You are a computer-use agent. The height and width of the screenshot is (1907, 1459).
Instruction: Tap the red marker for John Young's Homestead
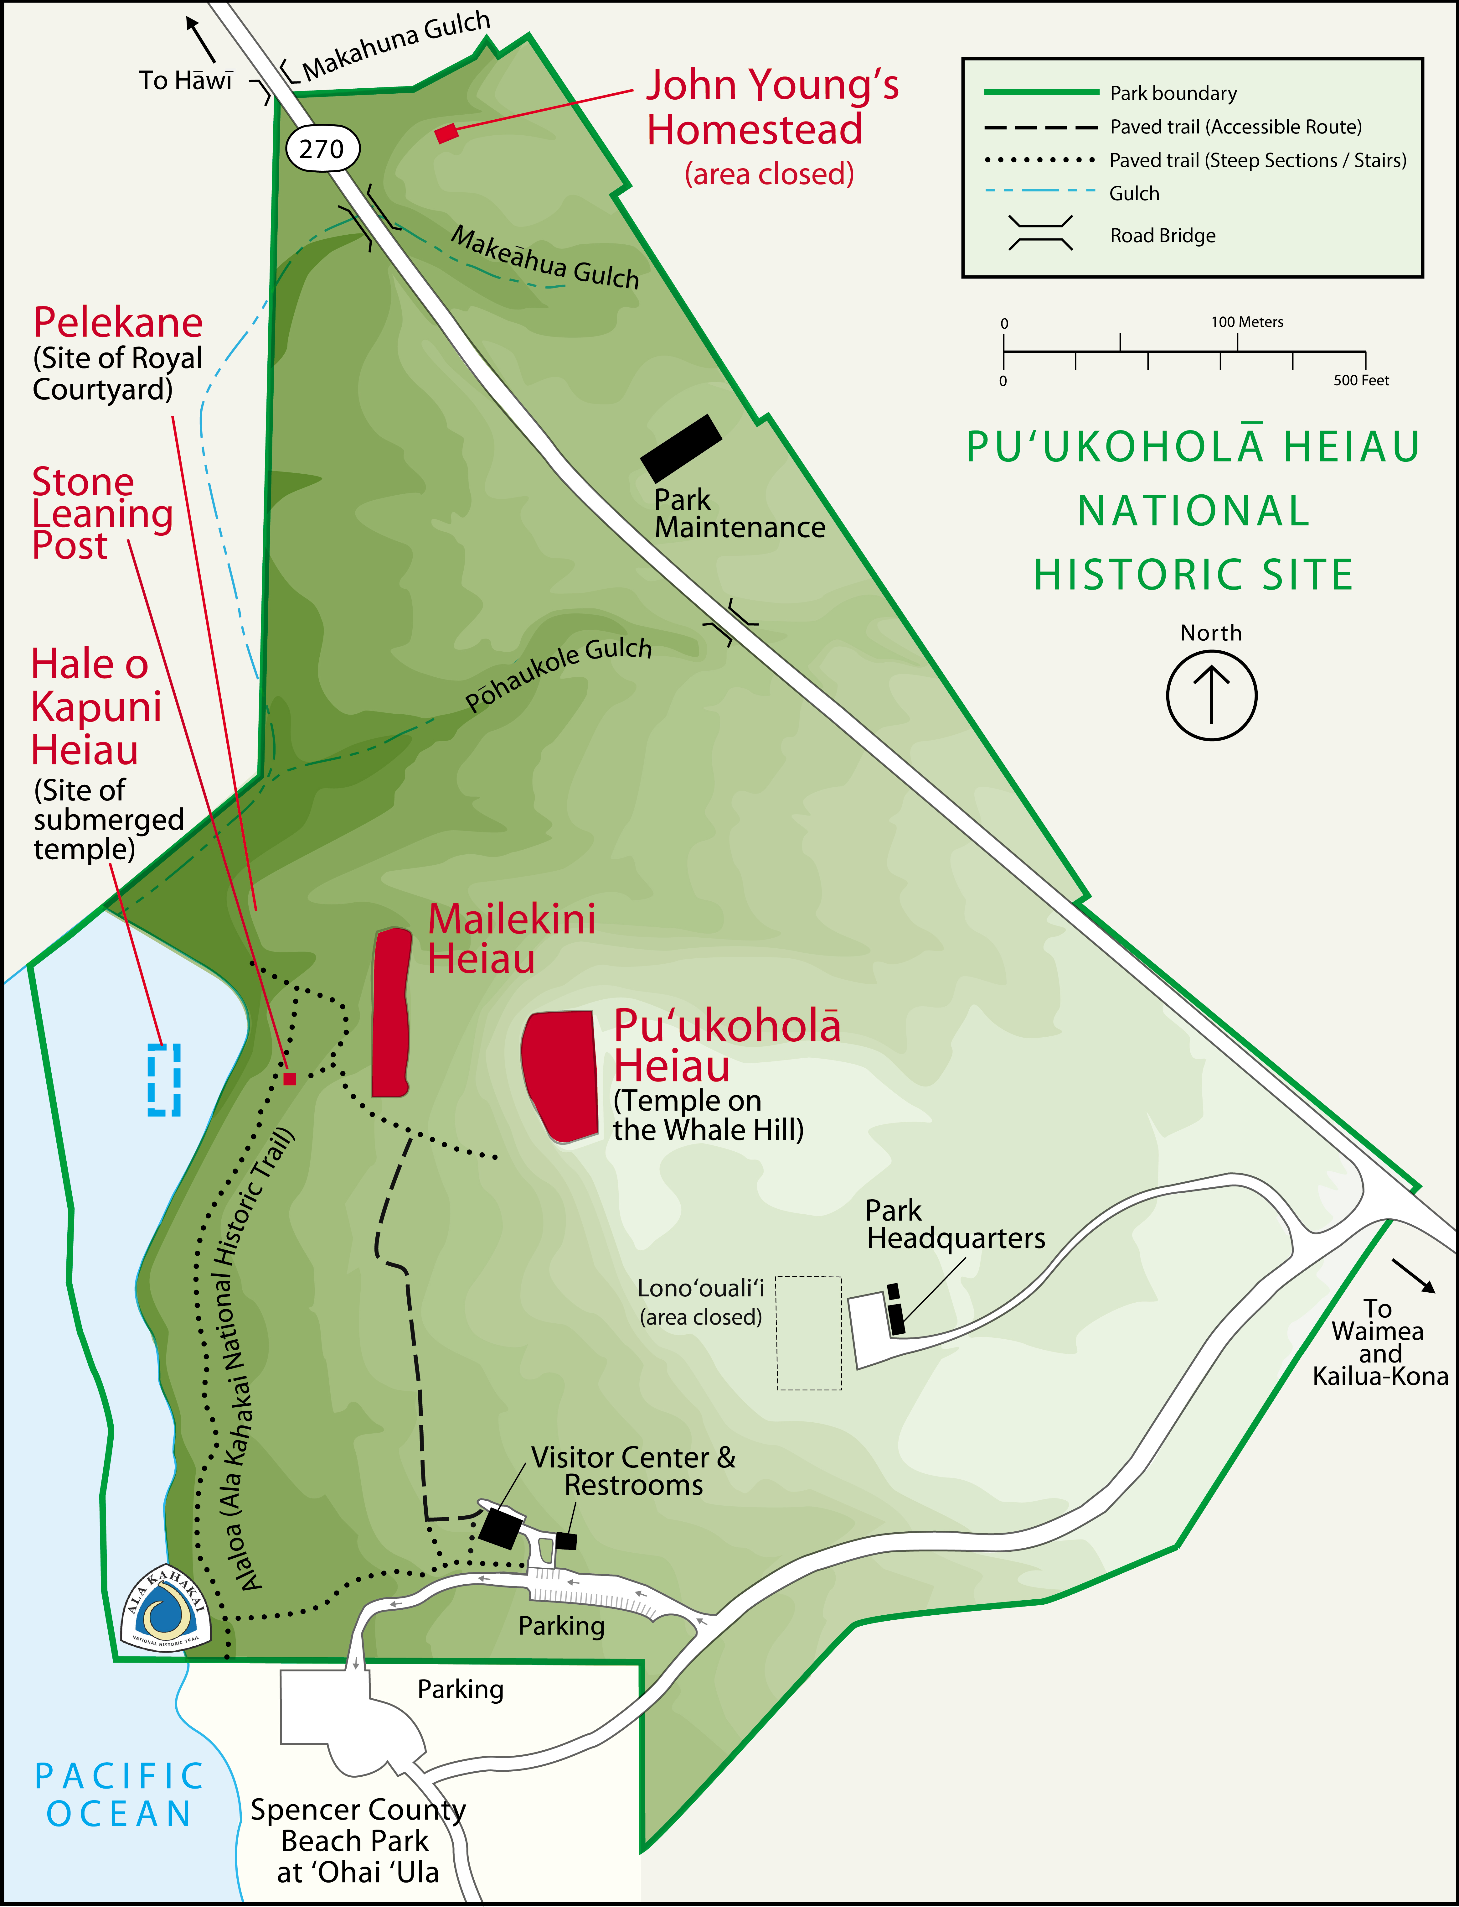click(446, 133)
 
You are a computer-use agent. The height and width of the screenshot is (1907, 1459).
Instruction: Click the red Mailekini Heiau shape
click(391, 1012)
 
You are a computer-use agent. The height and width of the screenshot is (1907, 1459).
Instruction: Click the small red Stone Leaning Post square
click(290, 1078)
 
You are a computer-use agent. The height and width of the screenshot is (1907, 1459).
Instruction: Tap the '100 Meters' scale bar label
click(1247, 322)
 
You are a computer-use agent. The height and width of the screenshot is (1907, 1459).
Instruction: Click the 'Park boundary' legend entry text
click(1173, 93)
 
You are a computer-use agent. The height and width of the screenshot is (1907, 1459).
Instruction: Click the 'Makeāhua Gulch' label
click(544, 258)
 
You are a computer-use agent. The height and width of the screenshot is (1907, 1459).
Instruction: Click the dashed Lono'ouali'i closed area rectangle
click(808, 1333)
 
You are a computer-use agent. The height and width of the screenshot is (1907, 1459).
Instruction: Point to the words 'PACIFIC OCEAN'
click(119, 1795)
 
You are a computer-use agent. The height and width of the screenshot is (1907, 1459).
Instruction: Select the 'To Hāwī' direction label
click(186, 81)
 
